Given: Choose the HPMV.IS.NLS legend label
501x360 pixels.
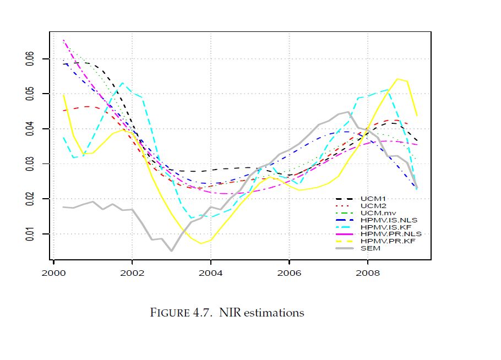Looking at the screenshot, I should pos(380,220).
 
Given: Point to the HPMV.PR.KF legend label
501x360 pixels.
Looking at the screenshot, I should pos(379,241).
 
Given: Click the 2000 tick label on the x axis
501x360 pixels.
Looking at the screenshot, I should pos(53,272).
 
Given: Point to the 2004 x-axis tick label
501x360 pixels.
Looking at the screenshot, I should pos(211,272).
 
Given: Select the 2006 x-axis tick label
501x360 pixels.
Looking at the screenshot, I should pos(289,272).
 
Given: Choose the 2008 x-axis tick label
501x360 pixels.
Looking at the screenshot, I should pos(368,272).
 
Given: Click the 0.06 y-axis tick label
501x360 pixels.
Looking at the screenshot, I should pos(30,59).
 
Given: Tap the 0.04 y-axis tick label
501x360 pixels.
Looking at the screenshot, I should pos(30,129).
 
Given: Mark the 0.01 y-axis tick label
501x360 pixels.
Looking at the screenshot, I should pos(30,234).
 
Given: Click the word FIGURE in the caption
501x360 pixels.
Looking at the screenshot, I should pos(170,313).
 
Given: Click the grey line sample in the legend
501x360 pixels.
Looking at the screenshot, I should pos(345,248).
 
